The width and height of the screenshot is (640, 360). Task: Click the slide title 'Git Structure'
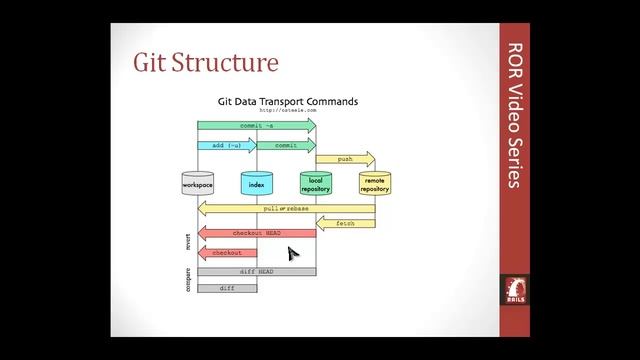pyautogui.click(x=205, y=63)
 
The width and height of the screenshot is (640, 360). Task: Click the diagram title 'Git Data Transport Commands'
pyautogui.click(x=288, y=101)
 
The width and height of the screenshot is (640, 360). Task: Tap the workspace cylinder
pyautogui.click(x=197, y=183)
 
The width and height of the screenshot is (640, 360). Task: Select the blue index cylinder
pyautogui.click(x=256, y=183)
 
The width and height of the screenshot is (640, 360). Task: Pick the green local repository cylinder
pyautogui.click(x=315, y=183)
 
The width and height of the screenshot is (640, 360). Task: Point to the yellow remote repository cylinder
pyautogui.click(x=374, y=183)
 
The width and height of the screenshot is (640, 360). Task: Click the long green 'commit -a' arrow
pyautogui.click(x=256, y=126)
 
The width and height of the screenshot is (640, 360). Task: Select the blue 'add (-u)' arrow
pyautogui.click(x=227, y=145)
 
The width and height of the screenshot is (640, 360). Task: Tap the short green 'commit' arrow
pyautogui.click(x=286, y=145)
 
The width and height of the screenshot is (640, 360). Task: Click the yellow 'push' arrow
pyautogui.click(x=345, y=159)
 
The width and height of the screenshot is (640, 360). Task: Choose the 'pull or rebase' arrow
pyautogui.click(x=286, y=208)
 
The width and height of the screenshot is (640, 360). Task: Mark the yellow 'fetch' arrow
pyautogui.click(x=345, y=222)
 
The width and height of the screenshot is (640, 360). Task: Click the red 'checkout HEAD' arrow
pyautogui.click(x=257, y=233)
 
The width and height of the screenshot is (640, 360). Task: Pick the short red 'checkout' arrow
pyautogui.click(x=227, y=253)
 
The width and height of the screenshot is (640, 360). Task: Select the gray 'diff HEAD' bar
pyautogui.click(x=256, y=271)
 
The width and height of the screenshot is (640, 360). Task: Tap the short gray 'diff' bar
pyautogui.click(x=227, y=287)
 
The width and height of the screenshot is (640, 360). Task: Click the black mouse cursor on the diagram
pyautogui.click(x=292, y=254)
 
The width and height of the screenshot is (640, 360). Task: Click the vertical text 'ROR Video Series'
pyautogui.click(x=516, y=115)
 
